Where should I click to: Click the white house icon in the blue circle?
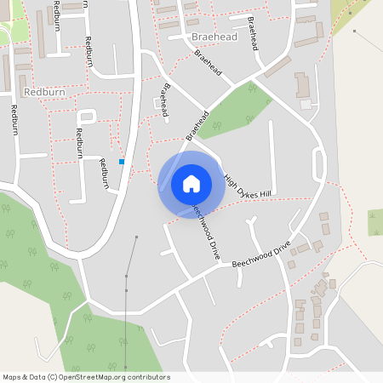coord(191,184)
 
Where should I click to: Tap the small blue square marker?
coord(122,162)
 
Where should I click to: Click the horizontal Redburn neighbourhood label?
coord(44,90)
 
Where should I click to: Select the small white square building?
coord(306,105)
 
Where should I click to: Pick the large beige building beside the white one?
coord(303,85)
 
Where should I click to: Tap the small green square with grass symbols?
coord(375,222)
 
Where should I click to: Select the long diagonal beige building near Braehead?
coord(277,66)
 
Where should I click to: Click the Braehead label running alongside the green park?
coord(197,124)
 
